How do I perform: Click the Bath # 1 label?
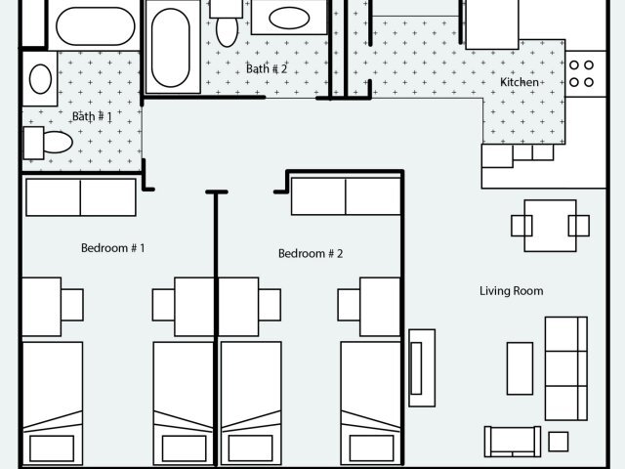click(x=92, y=116)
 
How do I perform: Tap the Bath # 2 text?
click(x=267, y=68)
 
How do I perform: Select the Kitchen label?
click(x=519, y=82)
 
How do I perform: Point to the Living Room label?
click(x=511, y=291)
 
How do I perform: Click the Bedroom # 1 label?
click(x=112, y=248)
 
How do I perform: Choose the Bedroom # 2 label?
click(x=311, y=254)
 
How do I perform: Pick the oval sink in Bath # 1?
click(x=40, y=78)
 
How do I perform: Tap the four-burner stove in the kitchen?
click(x=582, y=73)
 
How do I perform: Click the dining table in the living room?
click(x=550, y=226)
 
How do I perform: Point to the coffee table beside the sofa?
click(x=520, y=367)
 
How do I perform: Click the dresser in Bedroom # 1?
click(x=80, y=196)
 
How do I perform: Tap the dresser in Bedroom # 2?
click(x=346, y=196)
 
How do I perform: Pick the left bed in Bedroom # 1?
click(x=52, y=401)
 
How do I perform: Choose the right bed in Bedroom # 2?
click(x=370, y=401)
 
